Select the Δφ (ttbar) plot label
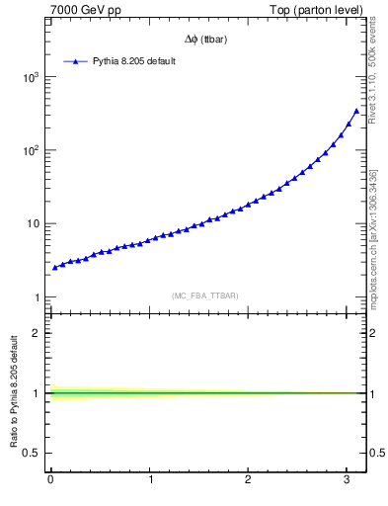(208, 41)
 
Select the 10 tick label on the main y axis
(35, 223)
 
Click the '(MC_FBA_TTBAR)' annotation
(204, 295)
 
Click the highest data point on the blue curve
(356, 111)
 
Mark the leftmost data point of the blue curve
(55, 267)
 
